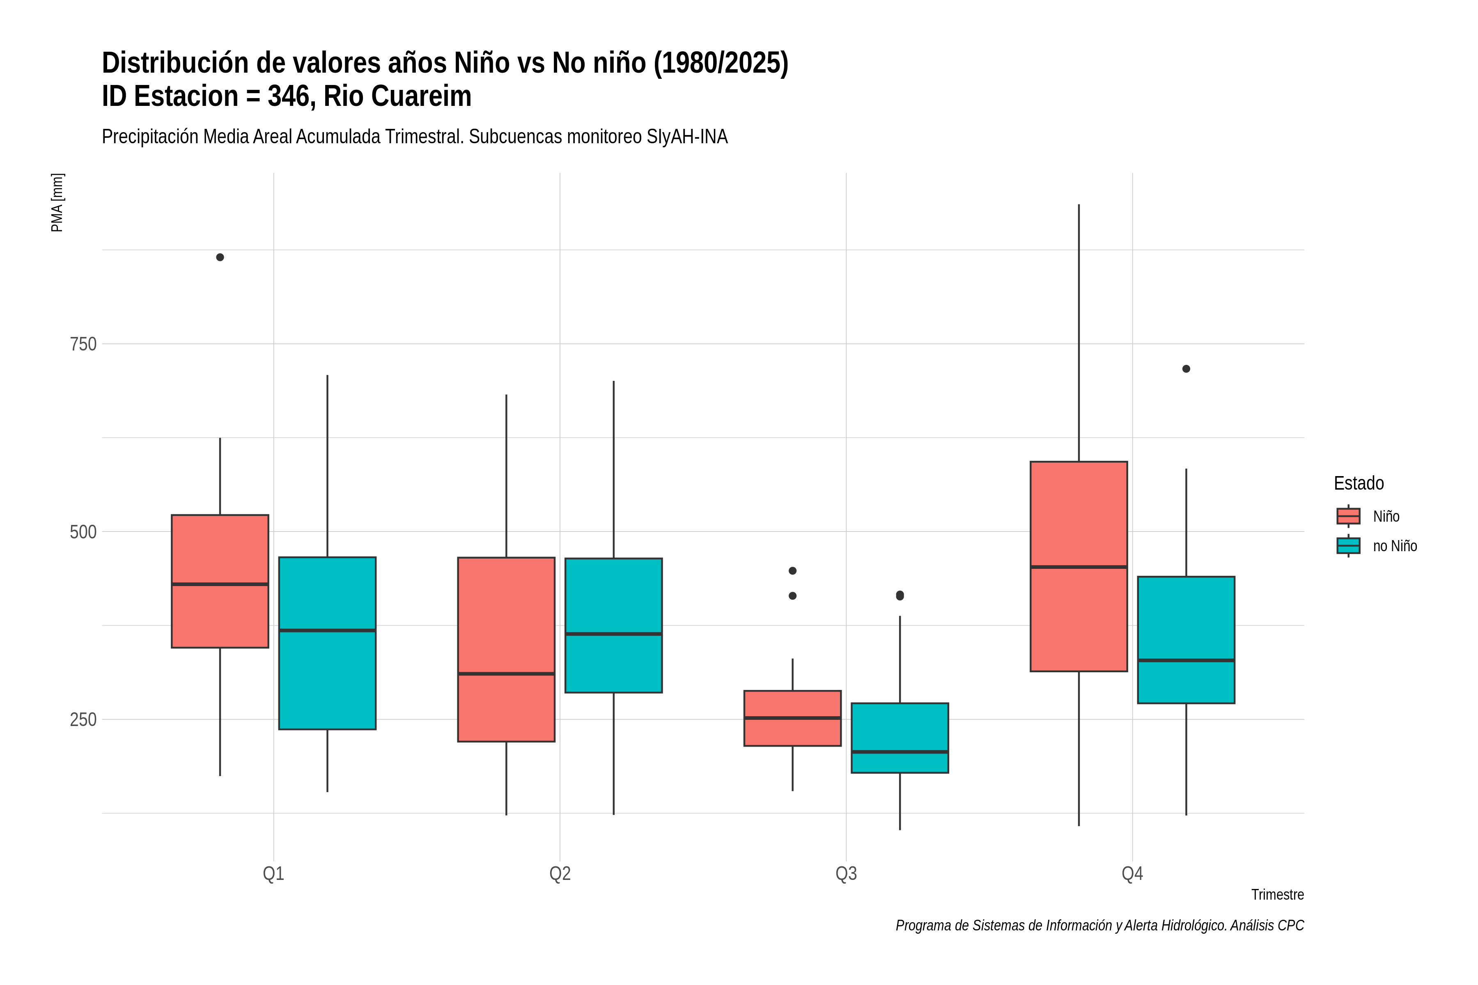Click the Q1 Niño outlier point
click(x=220, y=257)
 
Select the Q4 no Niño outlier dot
click(x=1186, y=369)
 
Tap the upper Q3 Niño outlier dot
click(x=792, y=570)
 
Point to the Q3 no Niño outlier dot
click(x=900, y=595)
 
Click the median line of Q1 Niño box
click(x=220, y=584)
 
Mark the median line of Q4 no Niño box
click(x=1186, y=660)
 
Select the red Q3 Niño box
click(x=792, y=718)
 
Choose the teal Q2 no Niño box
click(x=613, y=625)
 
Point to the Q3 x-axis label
click(x=846, y=873)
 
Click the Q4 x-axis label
click(x=1132, y=873)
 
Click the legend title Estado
click(x=1359, y=483)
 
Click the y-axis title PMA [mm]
click(x=57, y=202)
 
